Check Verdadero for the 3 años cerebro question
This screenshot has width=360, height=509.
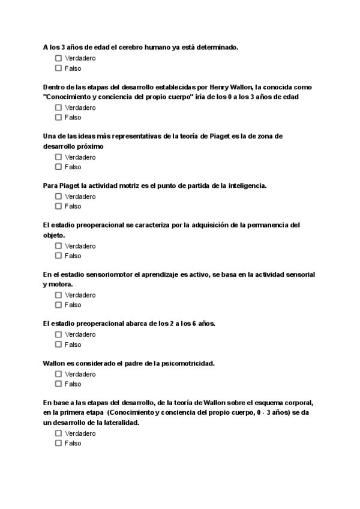tap(58, 58)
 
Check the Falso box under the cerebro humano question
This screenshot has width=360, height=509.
tap(58, 68)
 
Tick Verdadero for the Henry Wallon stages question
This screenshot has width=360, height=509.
tap(58, 107)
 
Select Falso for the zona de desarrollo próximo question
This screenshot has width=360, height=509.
tap(58, 167)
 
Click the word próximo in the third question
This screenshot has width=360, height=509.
tap(89, 146)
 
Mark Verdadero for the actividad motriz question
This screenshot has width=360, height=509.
tap(58, 196)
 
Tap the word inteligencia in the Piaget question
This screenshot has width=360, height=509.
tap(243, 185)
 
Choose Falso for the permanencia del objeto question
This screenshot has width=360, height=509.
tap(58, 256)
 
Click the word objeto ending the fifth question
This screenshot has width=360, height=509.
tap(53, 235)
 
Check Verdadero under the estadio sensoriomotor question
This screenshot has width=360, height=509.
tap(58, 295)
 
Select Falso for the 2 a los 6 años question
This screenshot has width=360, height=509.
tap(58, 345)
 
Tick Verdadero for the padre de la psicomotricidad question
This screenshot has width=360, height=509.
tap(58, 374)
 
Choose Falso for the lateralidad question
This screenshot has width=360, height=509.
tap(58, 443)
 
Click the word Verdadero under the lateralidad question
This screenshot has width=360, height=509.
tap(80, 433)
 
